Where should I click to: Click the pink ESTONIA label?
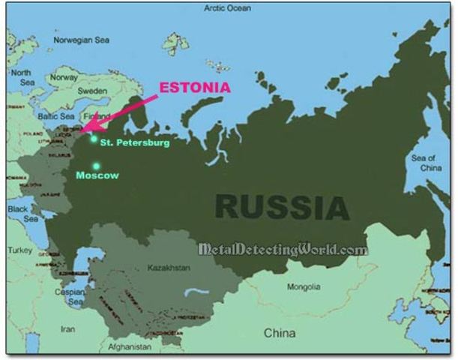[x=196, y=88]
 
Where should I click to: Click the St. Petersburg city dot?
[x=94, y=138]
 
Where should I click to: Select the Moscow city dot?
[x=96, y=166]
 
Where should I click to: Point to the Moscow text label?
[x=97, y=175]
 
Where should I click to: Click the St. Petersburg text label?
[x=135, y=142]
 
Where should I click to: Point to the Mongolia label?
[x=304, y=286]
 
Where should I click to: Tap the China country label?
[x=279, y=332]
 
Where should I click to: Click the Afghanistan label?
[x=130, y=348]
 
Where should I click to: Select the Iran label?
[x=67, y=328]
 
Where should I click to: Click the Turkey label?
[x=20, y=249]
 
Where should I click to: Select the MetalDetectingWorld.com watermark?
[x=283, y=250]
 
